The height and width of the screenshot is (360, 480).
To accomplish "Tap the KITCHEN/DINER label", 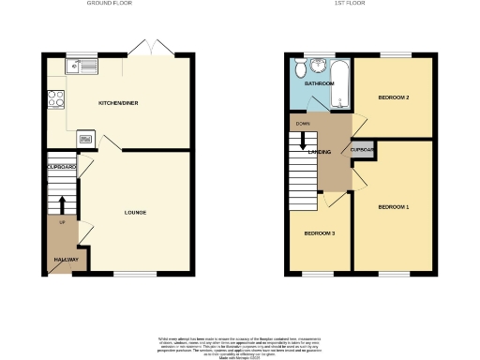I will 119,102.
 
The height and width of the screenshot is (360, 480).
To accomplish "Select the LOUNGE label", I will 136,212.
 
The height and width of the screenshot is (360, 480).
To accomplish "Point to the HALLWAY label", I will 63,260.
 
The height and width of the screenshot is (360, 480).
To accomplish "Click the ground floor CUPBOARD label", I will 61,168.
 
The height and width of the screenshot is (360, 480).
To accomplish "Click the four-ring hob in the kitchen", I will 54,97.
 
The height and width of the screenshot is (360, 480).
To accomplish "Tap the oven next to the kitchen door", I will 87,138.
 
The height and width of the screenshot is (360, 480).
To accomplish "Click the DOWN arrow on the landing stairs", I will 303,141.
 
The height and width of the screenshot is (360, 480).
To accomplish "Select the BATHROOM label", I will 319,83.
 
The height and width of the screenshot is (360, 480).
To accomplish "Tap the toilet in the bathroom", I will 299,69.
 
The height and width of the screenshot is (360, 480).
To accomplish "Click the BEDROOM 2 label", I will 394,97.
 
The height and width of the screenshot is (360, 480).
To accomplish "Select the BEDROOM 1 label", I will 394,205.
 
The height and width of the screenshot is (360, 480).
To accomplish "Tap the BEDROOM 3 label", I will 319,232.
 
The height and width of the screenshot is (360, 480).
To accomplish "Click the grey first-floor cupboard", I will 362,151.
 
